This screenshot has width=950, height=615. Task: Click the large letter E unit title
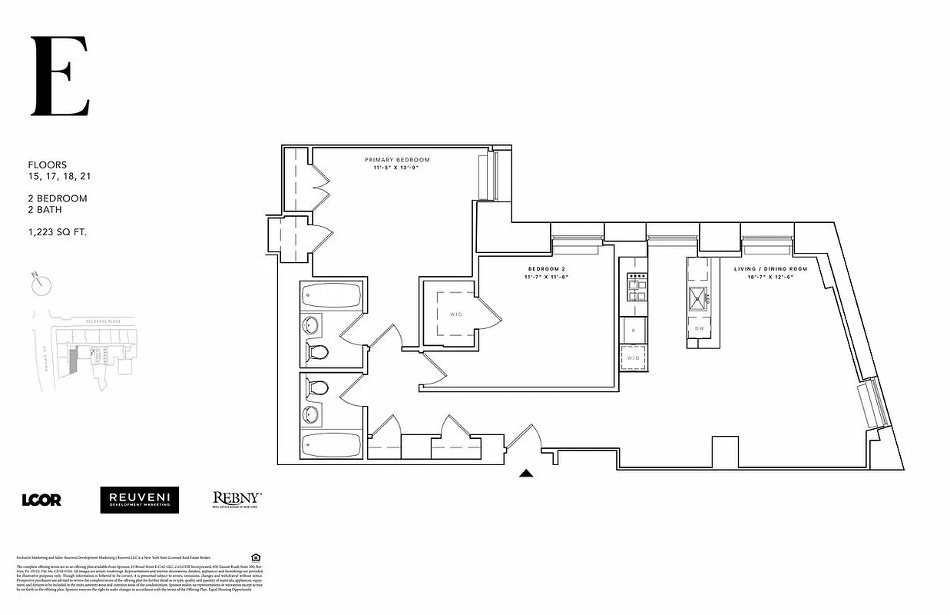point(60,76)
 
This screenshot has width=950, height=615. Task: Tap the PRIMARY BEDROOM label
point(397,160)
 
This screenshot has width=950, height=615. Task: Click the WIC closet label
point(455,314)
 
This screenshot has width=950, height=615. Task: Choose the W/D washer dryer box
point(634,358)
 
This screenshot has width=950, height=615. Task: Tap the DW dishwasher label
point(700,328)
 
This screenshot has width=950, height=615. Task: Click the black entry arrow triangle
point(526,474)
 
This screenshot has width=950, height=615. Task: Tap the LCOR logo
point(41,500)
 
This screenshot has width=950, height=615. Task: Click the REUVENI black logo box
point(139,500)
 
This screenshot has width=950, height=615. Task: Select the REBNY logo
point(237,500)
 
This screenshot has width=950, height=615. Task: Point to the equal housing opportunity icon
point(256,557)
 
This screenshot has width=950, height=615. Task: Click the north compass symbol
point(41,285)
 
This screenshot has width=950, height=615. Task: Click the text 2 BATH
point(45,209)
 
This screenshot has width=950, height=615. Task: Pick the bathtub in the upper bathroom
point(331,294)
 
